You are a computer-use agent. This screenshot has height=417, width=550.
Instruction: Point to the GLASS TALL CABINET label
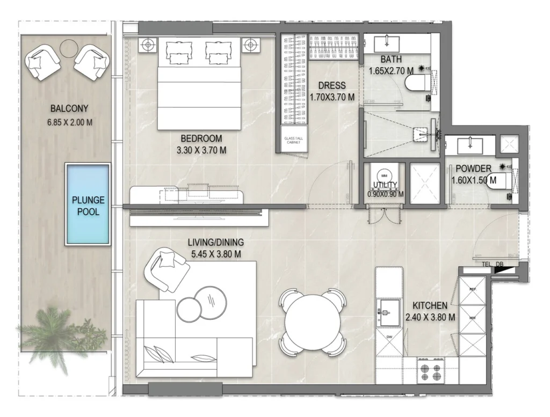pos(294,141)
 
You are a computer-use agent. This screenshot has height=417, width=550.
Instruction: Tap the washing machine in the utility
pos(384,177)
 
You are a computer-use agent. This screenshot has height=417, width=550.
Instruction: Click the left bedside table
pos(148,45)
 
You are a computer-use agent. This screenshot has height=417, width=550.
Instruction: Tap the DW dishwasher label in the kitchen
pos(389,336)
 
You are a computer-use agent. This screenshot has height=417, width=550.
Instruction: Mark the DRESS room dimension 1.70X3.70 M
pos(332,97)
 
